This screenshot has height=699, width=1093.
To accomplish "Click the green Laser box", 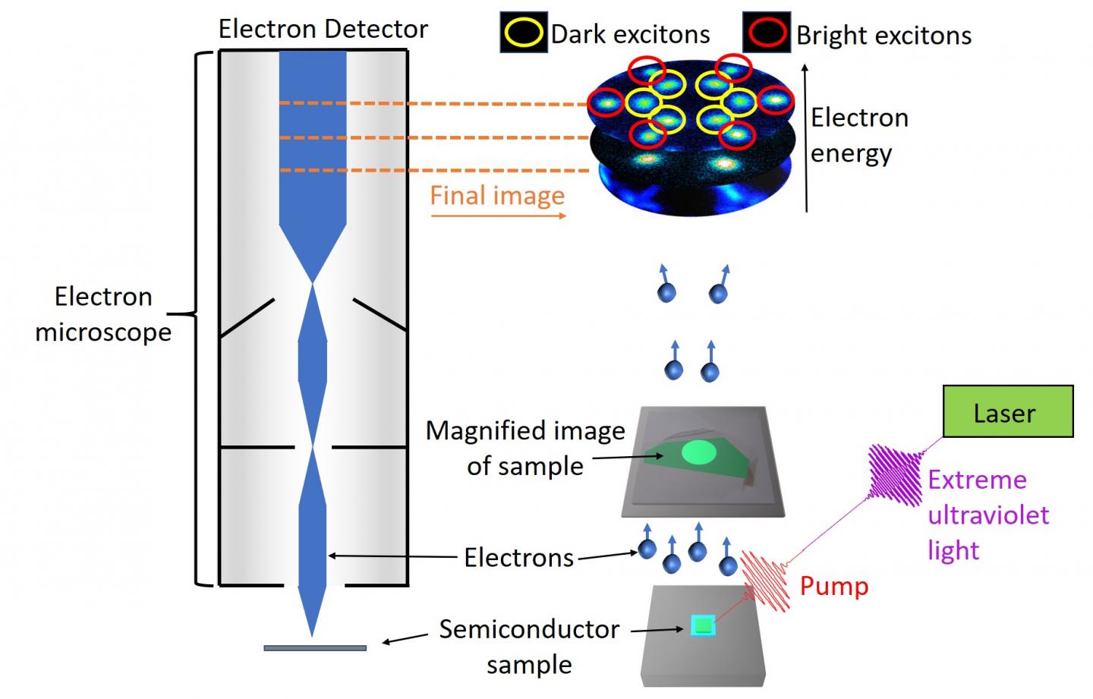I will [1007, 411].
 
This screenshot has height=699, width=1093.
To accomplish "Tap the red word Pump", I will [834, 587].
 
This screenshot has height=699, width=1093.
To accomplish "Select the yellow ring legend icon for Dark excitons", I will [523, 33].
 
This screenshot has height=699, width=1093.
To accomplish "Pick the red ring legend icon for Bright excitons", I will [767, 33].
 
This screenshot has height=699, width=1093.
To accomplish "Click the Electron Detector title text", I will [323, 29].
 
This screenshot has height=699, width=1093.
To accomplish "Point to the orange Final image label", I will [497, 196].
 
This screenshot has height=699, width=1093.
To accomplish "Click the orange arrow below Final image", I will [499, 216].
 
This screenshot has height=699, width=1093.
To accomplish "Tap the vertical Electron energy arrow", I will [806, 137].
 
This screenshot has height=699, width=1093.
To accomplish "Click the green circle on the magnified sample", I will [699, 453].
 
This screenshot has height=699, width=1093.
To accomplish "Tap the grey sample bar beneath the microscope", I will [315, 648].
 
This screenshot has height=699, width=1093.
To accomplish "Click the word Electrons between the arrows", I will [518, 558].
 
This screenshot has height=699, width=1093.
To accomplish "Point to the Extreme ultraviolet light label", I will [987, 515].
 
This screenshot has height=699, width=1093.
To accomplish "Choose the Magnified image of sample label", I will [525, 448].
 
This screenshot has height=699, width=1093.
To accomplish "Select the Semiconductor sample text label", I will [529, 647].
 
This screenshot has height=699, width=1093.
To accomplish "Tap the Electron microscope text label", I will [103, 314].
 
